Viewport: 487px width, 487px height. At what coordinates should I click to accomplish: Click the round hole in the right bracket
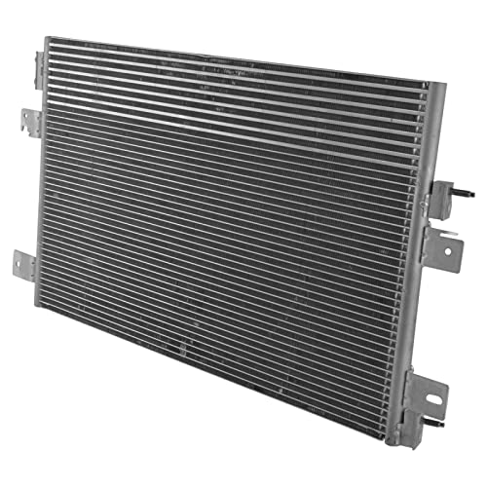tap(448, 250)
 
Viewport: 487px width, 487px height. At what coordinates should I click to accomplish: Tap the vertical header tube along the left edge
tap(41, 175)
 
